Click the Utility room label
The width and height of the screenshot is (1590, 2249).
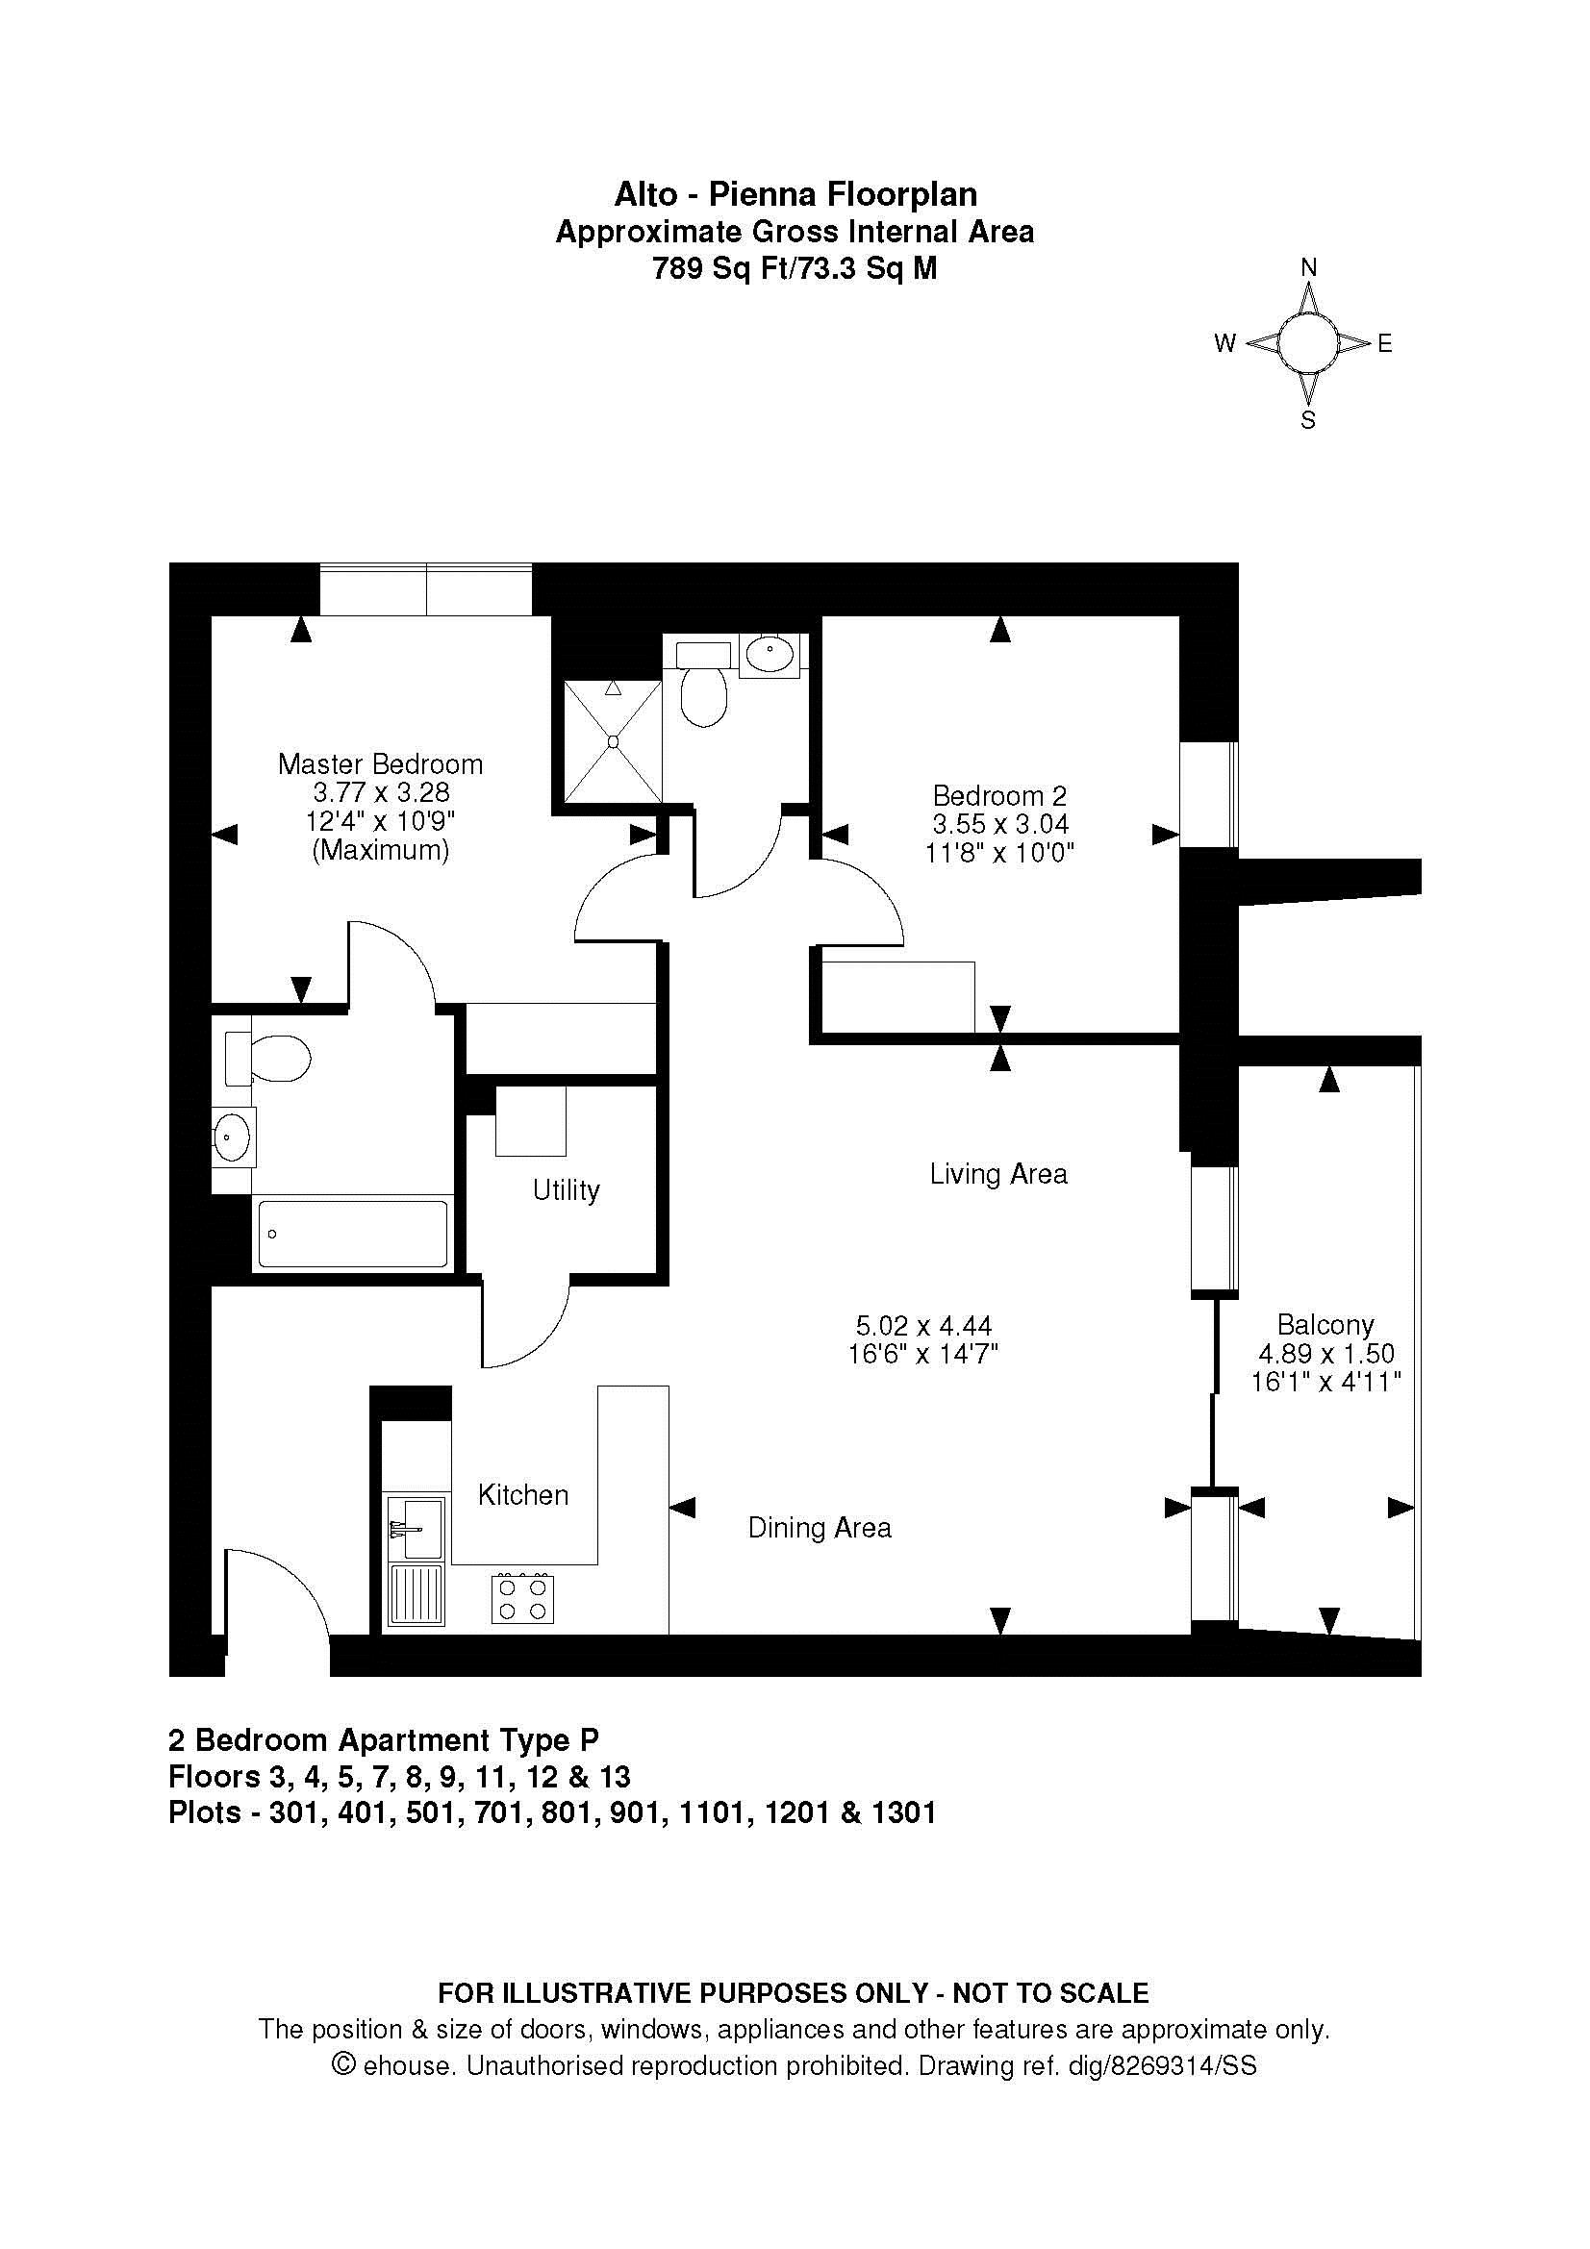(x=567, y=1190)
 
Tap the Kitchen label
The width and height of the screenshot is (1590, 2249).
(x=523, y=1495)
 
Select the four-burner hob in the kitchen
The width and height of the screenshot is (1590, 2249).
(x=522, y=1598)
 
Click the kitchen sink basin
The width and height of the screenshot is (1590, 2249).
(x=416, y=1527)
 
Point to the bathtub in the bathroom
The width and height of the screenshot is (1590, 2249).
(x=353, y=1234)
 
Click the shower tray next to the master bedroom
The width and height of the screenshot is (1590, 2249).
(x=614, y=741)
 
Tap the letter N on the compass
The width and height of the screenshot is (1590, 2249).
(x=1308, y=267)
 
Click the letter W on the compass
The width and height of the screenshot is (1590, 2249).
(x=1225, y=343)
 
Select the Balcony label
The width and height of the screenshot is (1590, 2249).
(x=1325, y=1324)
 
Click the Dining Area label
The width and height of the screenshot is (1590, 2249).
(x=820, y=1528)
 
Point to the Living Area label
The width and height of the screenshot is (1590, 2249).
(x=998, y=1173)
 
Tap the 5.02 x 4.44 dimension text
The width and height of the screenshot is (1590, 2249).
(x=923, y=1326)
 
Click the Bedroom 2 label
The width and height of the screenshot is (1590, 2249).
(x=999, y=795)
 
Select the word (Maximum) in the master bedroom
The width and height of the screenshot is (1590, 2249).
(x=381, y=850)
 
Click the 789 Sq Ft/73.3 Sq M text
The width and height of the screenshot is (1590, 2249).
(x=795, y=268)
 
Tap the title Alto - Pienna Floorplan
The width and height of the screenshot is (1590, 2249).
(x=795, y=194)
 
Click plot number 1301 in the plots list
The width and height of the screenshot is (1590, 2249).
(x=902, y=1813)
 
